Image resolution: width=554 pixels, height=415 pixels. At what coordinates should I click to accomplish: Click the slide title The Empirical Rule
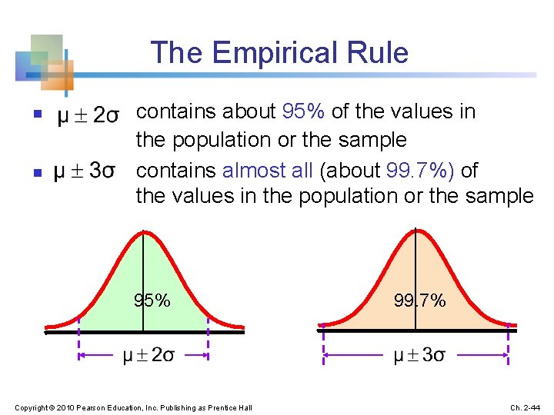click(279, 53)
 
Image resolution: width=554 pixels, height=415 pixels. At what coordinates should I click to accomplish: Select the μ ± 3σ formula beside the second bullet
click(85, 171)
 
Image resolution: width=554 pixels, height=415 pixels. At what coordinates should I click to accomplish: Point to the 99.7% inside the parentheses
click(426, 168)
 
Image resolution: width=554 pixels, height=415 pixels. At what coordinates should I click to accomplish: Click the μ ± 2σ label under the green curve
click(148, 356)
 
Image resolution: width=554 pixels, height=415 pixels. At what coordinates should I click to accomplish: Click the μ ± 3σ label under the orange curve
click(419, 356)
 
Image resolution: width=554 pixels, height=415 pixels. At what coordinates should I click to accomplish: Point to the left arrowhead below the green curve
click(82, 356)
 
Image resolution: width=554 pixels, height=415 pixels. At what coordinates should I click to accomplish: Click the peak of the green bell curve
click(144, 232)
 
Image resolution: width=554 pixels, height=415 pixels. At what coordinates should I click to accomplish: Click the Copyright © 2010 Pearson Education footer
click(133, 407)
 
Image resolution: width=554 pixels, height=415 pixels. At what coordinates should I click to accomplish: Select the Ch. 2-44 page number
click(526, 407)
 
